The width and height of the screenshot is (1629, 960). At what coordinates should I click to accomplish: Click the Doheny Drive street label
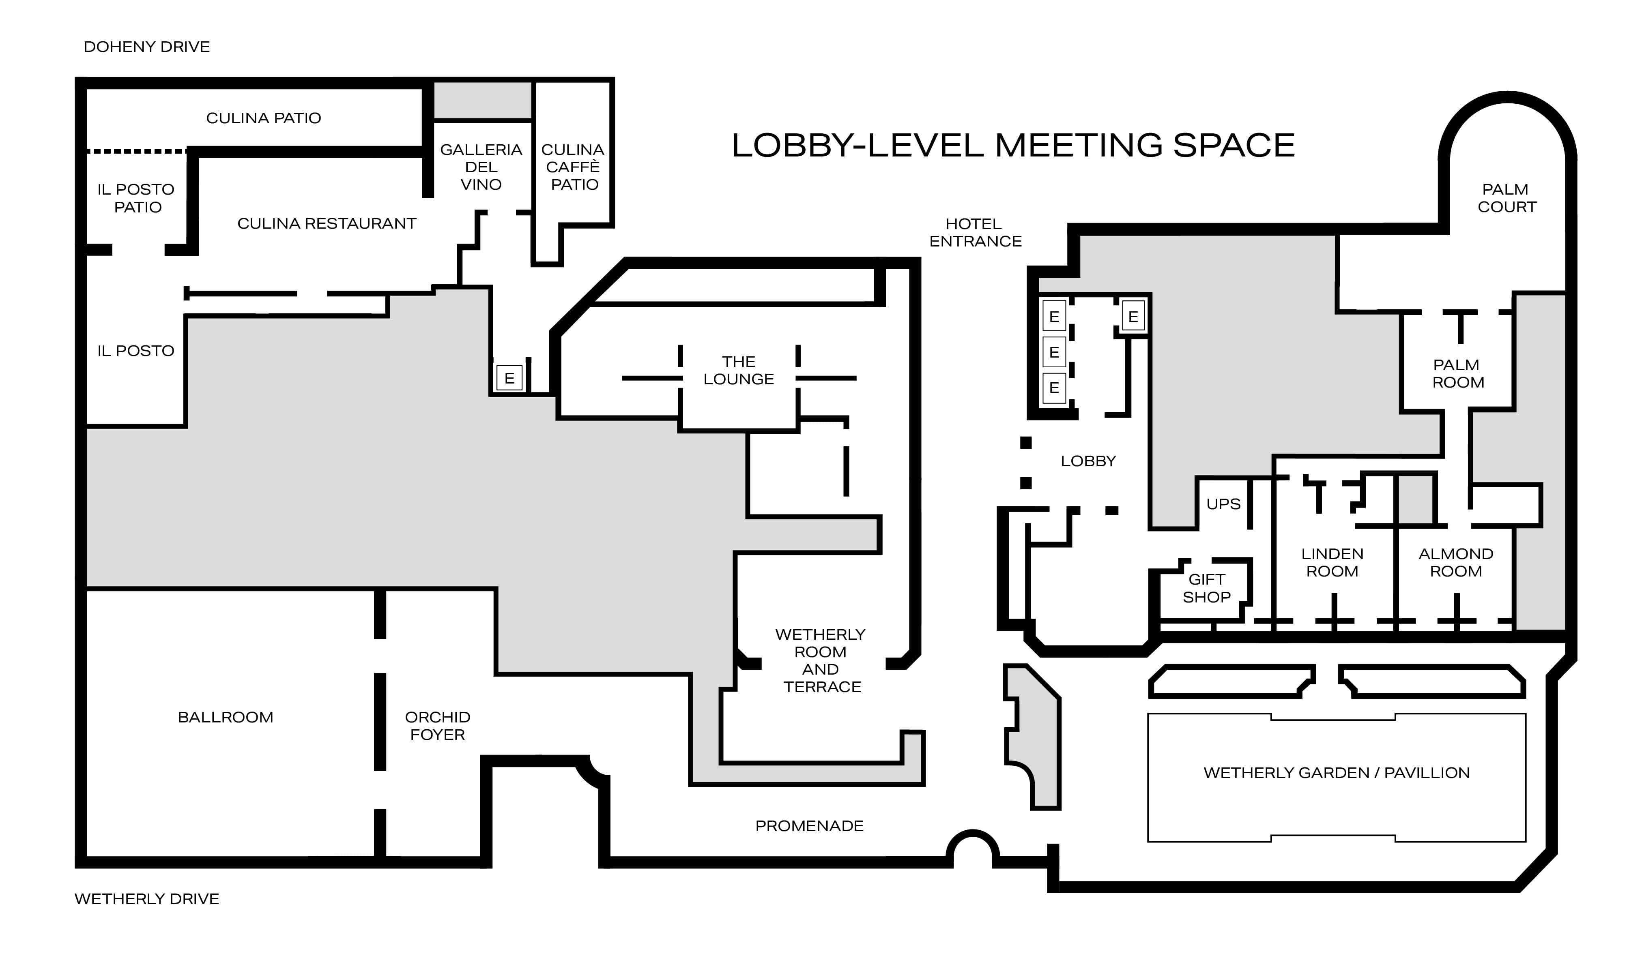coord(147,47)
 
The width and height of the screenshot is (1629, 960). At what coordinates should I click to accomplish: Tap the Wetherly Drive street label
coord(147,898)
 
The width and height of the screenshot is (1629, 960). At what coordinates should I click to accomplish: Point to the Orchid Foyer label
coord(438,726)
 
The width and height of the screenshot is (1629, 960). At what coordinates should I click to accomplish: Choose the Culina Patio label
coord(263,118)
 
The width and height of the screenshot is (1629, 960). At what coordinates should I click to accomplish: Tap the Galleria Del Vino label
coord(481,167)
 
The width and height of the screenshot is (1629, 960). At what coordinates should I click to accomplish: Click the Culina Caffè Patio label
coord(573,167)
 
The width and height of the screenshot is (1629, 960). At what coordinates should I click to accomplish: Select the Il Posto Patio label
coord(136,198)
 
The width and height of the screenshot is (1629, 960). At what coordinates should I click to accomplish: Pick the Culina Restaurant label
coord(327,223)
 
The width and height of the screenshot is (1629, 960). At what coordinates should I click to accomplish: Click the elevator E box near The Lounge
coord(509,378)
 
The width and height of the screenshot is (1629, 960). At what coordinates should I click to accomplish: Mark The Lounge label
coord(739,370)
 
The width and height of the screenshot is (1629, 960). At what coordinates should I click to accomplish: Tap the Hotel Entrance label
coord(975,232)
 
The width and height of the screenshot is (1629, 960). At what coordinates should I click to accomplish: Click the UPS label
coord(1223,504)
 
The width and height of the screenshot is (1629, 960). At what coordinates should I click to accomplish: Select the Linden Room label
coord(1332,562)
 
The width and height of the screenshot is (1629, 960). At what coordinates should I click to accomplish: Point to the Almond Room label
coord(1455,562)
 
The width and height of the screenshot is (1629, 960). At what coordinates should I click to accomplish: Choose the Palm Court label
coord(1507,198)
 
